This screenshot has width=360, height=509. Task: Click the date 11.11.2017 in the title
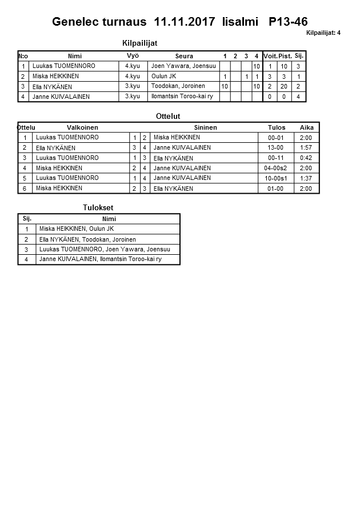coord(185,22)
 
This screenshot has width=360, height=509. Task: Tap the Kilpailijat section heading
coord(140,43)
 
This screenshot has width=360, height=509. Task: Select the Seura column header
coord(184,56)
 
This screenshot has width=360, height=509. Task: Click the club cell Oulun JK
coord(163,77)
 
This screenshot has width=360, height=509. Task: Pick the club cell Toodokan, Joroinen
coord(178,86)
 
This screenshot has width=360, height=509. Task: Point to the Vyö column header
coord(133,56)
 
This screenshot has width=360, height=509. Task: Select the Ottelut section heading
coord(168,117)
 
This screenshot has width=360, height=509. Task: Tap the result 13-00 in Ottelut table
coord(275,148)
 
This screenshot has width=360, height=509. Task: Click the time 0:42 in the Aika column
coord(306,158)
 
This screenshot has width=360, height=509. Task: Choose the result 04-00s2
coord(275,169)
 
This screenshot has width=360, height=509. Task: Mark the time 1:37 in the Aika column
coord(306,178)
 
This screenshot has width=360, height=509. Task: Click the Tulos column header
coord(276,127)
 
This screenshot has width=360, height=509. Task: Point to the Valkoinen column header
coord(83,127)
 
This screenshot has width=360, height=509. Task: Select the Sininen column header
coord(205,127)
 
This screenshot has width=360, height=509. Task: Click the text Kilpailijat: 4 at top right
coord(323,33)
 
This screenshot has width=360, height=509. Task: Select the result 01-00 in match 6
coord(275,189)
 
